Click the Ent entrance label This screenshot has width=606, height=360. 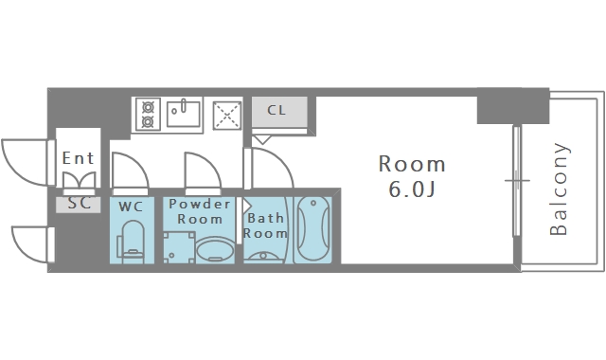point(78,158)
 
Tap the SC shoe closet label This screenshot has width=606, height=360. point(80,203)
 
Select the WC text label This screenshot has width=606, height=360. point(131,207)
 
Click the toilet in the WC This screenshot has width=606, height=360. point(132,242)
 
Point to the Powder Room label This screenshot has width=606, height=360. point(200,211)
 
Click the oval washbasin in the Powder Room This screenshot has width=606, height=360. point(215,250)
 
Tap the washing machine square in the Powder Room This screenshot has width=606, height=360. point(179,247)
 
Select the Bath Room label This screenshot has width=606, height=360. point(265,225)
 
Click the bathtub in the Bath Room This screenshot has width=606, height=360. point(313,229)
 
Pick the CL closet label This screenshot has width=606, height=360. point(276,110)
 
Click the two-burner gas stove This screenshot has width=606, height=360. point(148,114)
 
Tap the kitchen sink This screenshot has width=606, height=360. point(184,114)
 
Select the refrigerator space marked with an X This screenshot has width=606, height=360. point(227,116)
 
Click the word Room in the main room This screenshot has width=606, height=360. point(412,164)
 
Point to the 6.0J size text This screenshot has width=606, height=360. point(412,189)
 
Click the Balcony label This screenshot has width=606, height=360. point(559,189)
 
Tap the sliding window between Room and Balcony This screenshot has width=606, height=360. point(517,181)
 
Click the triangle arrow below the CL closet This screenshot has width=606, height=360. point(263,139)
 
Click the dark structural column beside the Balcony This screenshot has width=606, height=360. point(513,106)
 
